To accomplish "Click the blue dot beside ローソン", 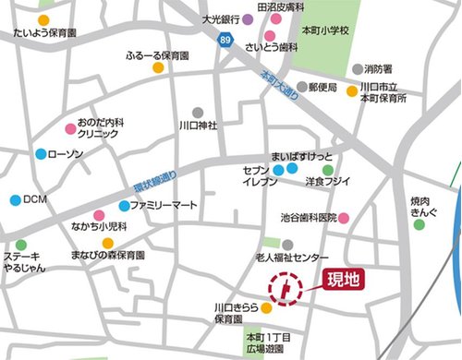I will tap(40, 154).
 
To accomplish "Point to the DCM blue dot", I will tap(15, 199).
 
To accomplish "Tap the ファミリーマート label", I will tap(164, 205).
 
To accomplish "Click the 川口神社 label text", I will tap(198, 124).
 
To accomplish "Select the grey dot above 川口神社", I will tap(197, 111).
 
